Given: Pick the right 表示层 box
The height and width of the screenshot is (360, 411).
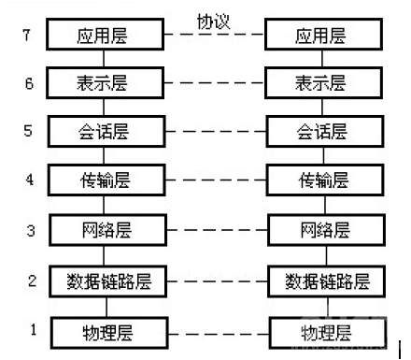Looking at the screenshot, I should tap(324, 82).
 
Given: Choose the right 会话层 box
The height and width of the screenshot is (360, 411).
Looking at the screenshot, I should tap(324, 130).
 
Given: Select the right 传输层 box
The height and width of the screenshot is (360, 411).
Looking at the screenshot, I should tap(324, 178).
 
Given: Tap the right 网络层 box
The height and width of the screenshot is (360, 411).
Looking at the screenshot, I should tap(324, 228).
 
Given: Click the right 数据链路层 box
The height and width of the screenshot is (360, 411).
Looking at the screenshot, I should tap(324, 280).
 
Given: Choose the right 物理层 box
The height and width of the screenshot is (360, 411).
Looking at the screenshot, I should tap(324, 332).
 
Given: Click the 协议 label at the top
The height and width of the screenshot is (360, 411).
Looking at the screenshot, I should tap(214, 21).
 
